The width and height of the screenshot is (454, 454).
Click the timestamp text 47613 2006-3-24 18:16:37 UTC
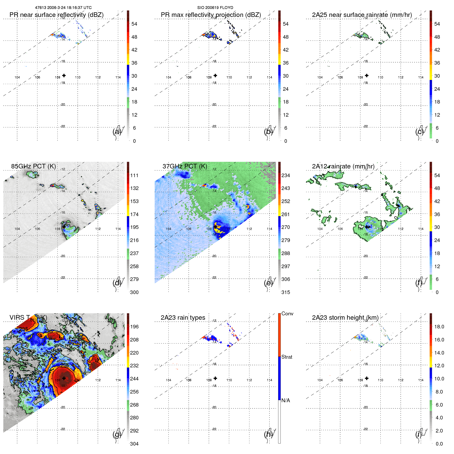(x=63, y=8)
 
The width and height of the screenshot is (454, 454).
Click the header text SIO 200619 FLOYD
(x=215, y=8)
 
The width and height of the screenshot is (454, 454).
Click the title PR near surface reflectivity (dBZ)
(x=56, y=15)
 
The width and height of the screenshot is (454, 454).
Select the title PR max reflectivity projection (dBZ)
(x=211, y=15)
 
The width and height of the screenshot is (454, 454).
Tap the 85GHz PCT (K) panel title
(x=33, y=166)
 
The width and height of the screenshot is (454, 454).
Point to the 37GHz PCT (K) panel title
(x=185, y=166)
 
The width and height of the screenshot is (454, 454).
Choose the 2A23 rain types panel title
(x=183, y=318)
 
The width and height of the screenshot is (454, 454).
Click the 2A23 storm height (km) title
(x=345, y=318)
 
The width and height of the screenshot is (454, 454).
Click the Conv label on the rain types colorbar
(x=287, y=314)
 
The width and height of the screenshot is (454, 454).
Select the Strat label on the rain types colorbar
(x=287, y=357)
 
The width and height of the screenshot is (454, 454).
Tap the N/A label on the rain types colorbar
(x=286, y=400)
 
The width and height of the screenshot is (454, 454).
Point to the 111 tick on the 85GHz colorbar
(x=134, y=175)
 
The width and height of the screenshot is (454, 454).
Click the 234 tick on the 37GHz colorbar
(x=286, y=175)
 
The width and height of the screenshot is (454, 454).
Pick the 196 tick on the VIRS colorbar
(x=134, y=327)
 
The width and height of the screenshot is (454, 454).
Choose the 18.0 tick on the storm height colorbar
(x=439, y=327)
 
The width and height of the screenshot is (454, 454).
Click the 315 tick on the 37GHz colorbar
(x=286, y=292)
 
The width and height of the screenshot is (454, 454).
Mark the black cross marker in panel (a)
(x=64, y=75)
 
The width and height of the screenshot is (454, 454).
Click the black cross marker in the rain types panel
(x=215, y=378)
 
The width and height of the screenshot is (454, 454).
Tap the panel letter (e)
(x=268, y=283)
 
